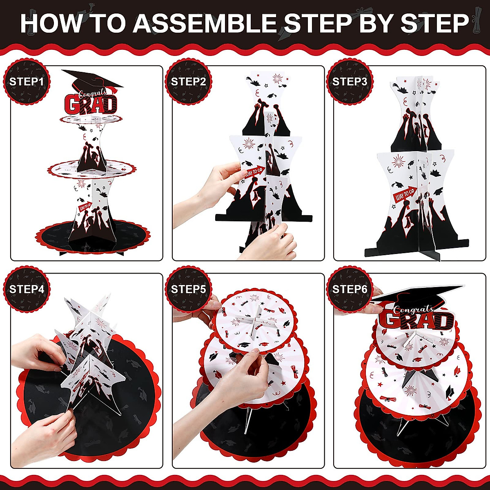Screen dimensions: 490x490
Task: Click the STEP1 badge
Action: pyautogui.click(x=27, y=82)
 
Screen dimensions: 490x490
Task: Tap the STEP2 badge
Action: pyautogui.click(x=188, y=82)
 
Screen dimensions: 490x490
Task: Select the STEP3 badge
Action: pyautogui.click(x=350, y=82)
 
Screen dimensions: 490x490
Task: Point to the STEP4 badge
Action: pyautogui.click(x=27, y=289)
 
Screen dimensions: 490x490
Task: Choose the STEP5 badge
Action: pyautogui.click(x=188, y=289)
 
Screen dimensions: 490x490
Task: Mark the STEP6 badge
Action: pyautogui.click(x=350, y=289)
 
